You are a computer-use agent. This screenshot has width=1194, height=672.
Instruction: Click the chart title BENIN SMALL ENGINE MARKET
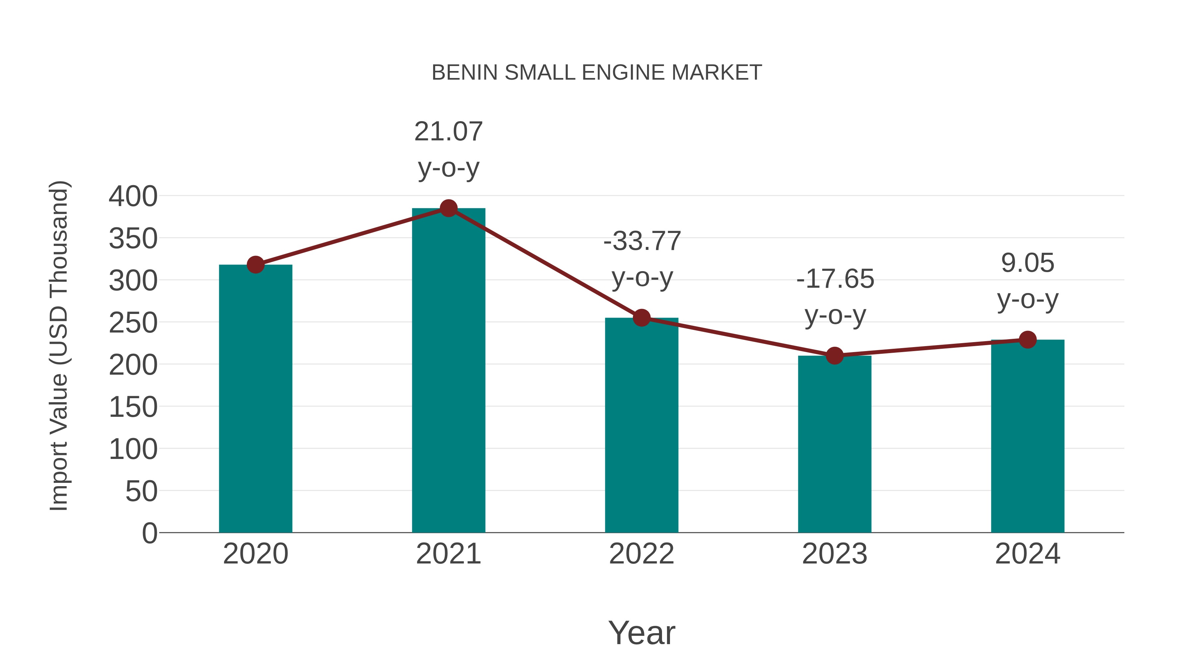click(x=597, y=73)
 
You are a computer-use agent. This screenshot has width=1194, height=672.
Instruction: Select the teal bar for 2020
click(x=255, y=399)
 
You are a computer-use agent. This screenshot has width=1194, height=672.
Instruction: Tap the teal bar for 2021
click(x=448, y=371)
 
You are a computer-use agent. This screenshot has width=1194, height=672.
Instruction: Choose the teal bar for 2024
click(x=1028, y=436)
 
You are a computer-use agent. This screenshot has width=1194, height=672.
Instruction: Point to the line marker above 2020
click(x=255, y=265)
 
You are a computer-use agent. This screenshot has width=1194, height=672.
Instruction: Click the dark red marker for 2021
click(x=448, y=208)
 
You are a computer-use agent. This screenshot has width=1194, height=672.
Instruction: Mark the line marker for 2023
click(x=834, y=356)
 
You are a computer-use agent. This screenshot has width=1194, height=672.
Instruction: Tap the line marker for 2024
click(x=1028, y=339)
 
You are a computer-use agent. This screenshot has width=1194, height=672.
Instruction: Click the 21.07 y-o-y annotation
click(x=448, y=149)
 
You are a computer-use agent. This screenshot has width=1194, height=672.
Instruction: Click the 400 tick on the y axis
click(x=133, y=196)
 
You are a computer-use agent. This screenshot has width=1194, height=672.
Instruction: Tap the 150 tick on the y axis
click(x=133, y=407)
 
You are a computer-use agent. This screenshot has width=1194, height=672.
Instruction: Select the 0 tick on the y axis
click(x=149, y=533)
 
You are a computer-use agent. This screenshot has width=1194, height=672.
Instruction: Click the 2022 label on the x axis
click(x=641, y=554)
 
